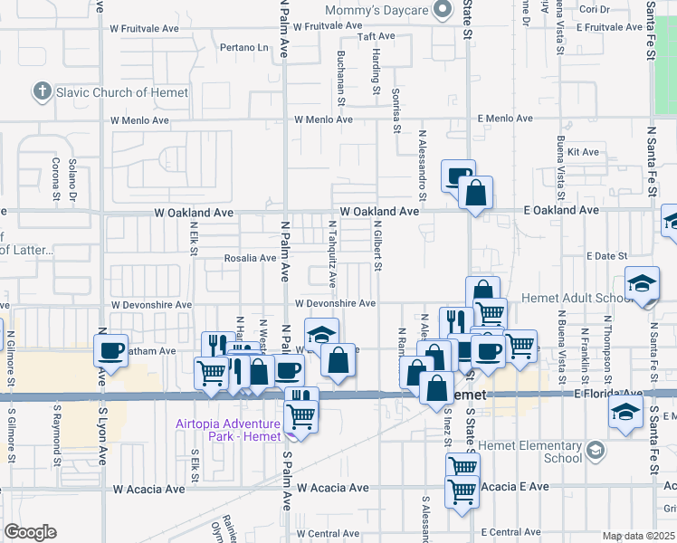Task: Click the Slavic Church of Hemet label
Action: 122,92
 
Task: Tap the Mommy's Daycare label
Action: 378,10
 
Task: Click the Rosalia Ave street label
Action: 250,258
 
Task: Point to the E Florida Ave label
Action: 605,394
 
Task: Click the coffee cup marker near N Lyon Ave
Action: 112,349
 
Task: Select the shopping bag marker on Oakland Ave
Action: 475,192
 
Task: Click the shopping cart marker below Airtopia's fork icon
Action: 300,416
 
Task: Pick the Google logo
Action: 30,532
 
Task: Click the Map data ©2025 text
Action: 638,537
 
